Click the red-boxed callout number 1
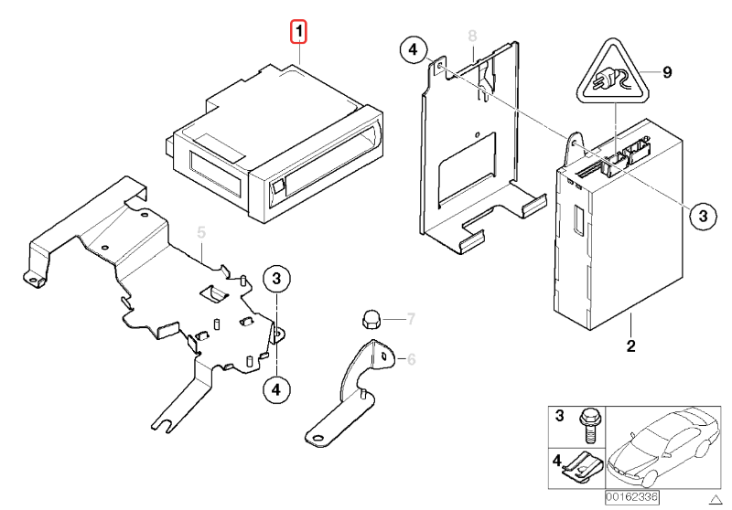pyautogui.click(x=299, y=33)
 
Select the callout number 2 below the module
pyautogui.click(x=630, y=346)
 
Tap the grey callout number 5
pyautogui.click(x=202, y=234)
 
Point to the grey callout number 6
pyautogui.click(x=411, y=360)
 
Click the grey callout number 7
pyautogui.click(x=411, y=319)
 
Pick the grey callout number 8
pyautogui.click(x=472, y=36)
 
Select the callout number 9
pyautogui.click(x=667, y=71)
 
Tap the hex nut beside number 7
pyautogui.click(x=371, y=320)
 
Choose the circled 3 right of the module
pyautogui.click(x=700, y=216)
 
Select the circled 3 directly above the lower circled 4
pyautogui.click(x=277, y=279)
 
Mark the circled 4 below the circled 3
pyautogui.click(x=275, y=388)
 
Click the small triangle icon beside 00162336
pyautogui.click(x=716, y=498)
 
